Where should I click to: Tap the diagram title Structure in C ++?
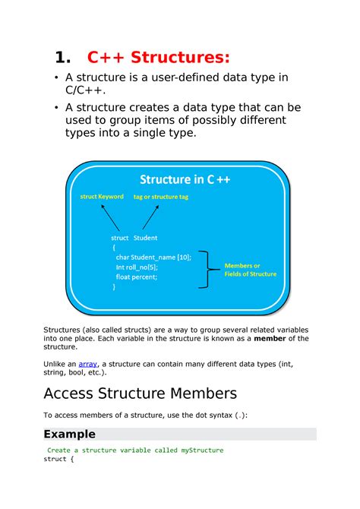point(185,179)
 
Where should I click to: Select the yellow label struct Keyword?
point(102,197)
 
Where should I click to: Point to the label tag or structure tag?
point(160,197)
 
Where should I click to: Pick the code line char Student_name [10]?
point(153,257)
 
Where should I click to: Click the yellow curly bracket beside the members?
point(207,269)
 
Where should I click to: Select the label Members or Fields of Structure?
point(250,269)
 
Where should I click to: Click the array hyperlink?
point(89,364)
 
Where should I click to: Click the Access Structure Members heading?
point(141,394)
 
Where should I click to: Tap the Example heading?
point(69,434)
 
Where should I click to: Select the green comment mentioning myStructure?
point(135,450)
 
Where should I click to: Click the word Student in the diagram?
point(144,237)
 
